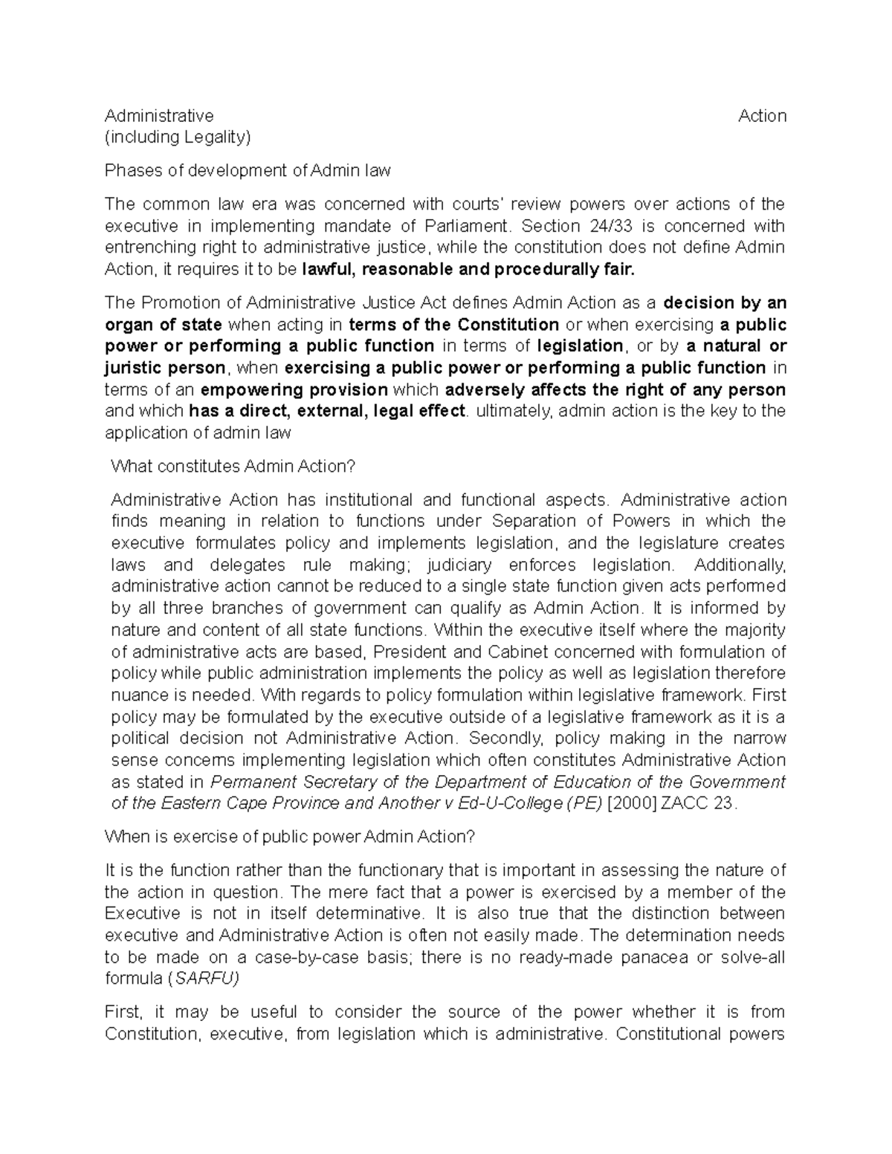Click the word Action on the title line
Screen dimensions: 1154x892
coord(762,116)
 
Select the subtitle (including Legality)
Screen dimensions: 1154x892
coord(178,137)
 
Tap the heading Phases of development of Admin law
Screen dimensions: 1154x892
coord(248,171)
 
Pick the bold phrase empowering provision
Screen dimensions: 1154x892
coord(294,390)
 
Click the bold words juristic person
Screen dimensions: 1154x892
coord(165,369)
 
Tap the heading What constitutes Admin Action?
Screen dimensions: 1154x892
coord(233,467)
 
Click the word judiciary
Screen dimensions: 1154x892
coord(448,565)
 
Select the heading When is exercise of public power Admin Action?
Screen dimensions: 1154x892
coord(289,837)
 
